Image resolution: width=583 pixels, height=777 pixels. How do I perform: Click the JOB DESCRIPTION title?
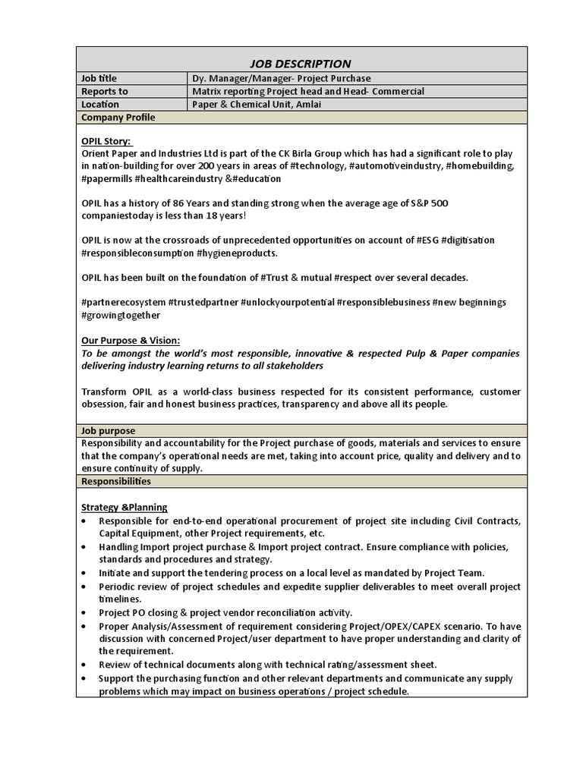pos(301,64)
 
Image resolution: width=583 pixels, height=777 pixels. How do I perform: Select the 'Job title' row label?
pos(99,78)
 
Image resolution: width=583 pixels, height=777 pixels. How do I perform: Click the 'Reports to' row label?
pos(104,91)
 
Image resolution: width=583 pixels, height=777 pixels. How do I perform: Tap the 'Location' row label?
pos(100,104)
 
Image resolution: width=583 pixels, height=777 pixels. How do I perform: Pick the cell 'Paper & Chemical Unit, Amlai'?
pos(257,104)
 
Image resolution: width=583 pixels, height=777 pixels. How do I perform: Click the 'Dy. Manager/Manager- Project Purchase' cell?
pos(282,78)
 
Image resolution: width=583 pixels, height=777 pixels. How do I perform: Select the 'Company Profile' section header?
pos(118,117)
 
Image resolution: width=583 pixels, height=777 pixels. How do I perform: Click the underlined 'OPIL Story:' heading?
pos(106,141)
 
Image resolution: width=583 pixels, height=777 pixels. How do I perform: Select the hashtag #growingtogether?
pos(121,314)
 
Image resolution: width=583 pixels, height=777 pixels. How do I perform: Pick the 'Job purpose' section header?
pos(108,430)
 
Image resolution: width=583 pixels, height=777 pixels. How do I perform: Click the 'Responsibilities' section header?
pos(115,481)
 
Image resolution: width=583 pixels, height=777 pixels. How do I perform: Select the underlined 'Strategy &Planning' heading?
pos(124,507)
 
